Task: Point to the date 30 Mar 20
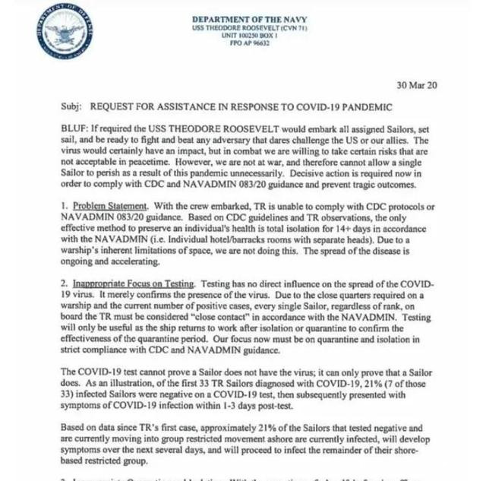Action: pyautogui.click(x=417, y=85)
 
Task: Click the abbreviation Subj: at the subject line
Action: pyautogui.click(x=70, y=107)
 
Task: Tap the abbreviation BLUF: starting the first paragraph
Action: pyautogui.click(x=74, y=131)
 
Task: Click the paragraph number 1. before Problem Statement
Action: pyautogui.click(x=64, y=207)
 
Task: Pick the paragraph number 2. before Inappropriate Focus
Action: pyautogui.click(x=64, y=283)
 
